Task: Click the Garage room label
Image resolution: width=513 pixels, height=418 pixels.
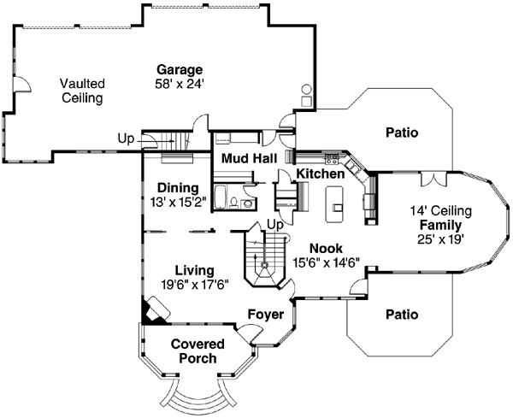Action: (180, 69)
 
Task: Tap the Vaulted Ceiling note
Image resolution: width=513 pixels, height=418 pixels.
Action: (82, 91)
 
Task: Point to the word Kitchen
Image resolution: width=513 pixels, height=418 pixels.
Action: (321, 174)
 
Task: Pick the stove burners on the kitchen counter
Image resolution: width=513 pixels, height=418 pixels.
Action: (332, 156)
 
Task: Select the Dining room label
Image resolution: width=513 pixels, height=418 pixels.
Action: (178, 188)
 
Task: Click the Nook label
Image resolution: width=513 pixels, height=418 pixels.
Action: (326, 250)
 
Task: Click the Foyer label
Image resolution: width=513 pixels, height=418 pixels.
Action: (265, 315)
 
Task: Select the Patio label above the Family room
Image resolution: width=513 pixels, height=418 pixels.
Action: (401, 132)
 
